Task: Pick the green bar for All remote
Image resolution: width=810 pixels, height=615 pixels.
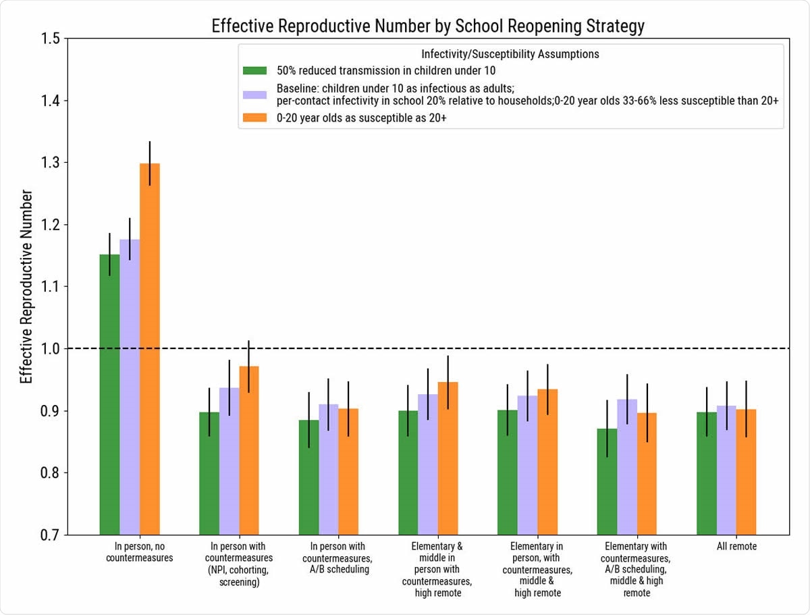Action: click(x=707, y=473)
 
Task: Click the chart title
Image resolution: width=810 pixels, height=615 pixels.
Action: click(x=428, y=26)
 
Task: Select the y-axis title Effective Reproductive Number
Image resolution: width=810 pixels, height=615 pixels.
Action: click(x=26, y=287)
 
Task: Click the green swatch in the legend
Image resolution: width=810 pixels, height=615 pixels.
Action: click(x=255, y=70)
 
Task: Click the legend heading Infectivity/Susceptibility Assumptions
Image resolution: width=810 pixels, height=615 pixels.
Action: click(x=510, y=53)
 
